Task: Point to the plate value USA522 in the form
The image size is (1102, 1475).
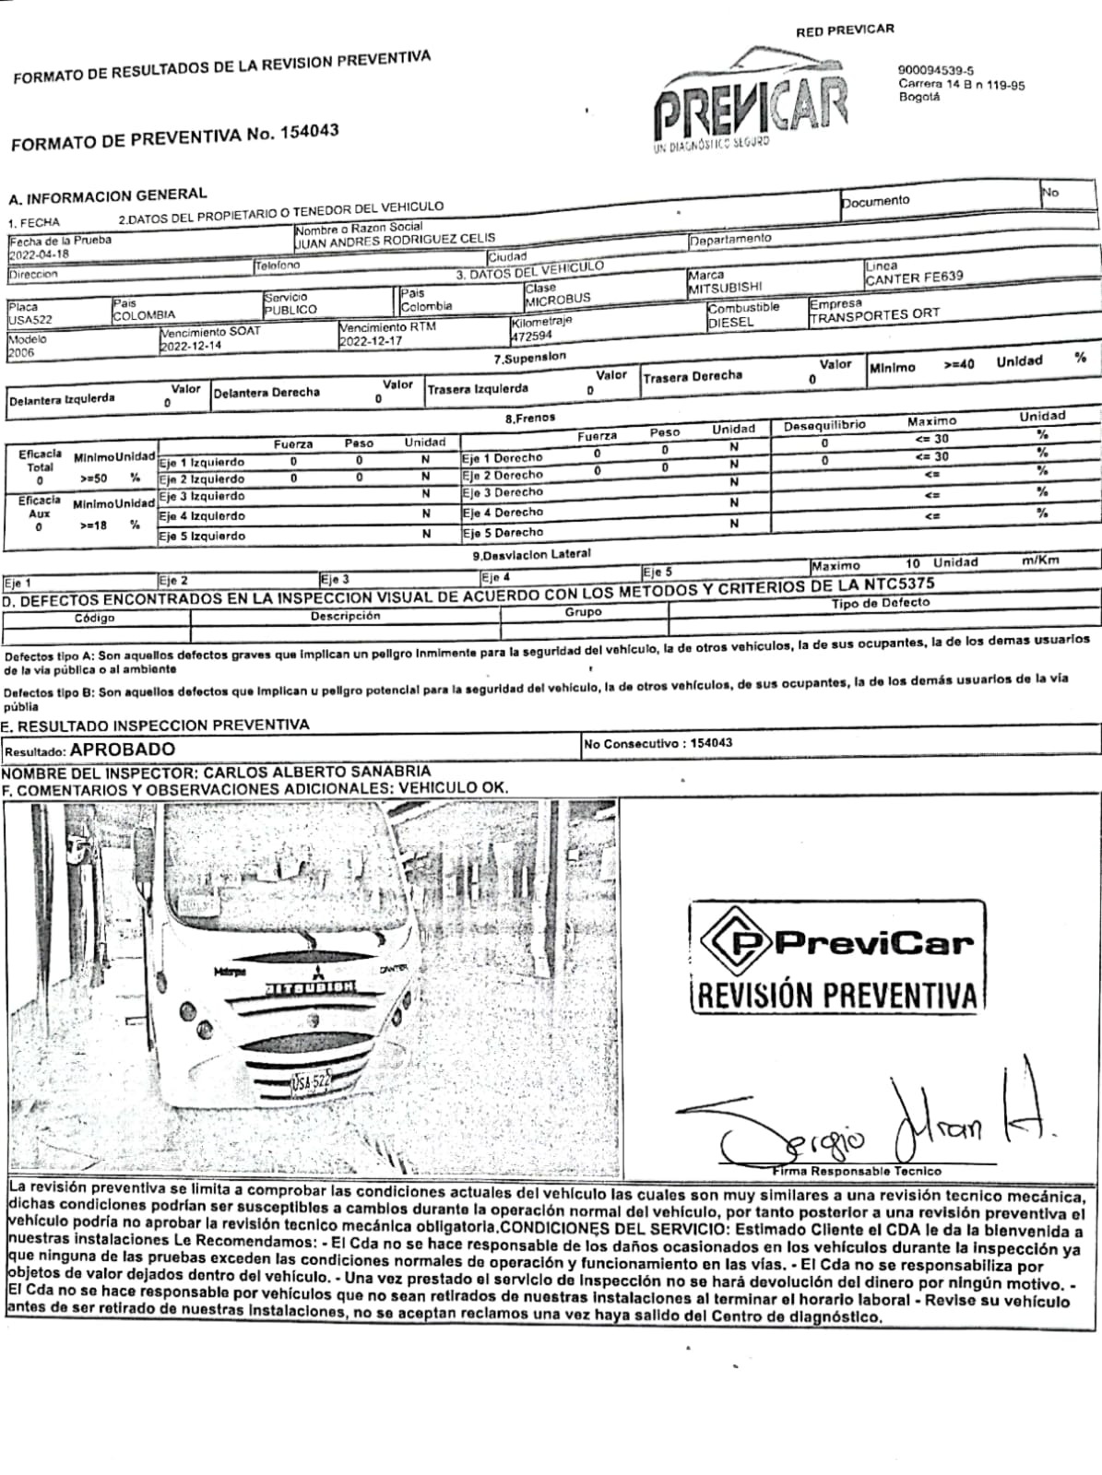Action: pos(30,320)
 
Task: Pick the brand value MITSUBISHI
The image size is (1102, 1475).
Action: pos(725,288)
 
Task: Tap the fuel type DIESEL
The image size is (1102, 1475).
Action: pos(730,323)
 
